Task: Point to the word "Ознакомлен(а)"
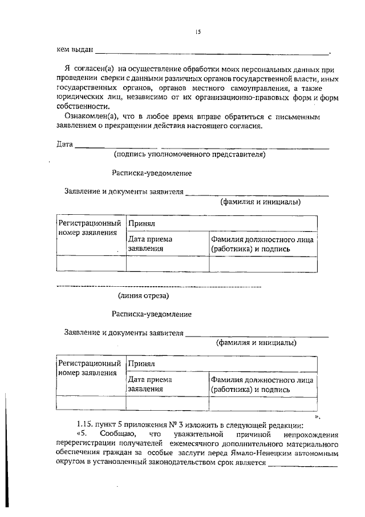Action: pyautogui.click(x=88, y=116)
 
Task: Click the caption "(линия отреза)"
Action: pyautogui.click(x=143, y=295)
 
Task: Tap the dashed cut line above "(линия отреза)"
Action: pyautogui.click(x=160, y=285)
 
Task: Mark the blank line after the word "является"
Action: pyautogui.click(x=303, y=465)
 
